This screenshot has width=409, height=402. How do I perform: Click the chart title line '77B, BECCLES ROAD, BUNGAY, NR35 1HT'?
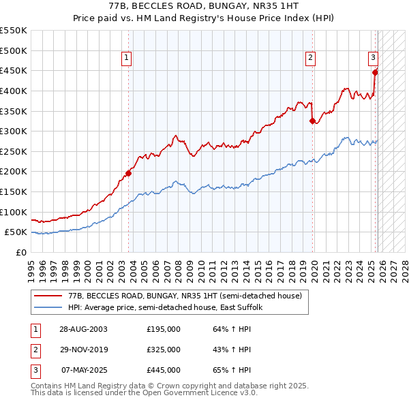204,5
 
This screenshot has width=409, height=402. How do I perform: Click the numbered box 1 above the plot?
127,59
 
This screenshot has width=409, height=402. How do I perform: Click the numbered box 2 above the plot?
310,59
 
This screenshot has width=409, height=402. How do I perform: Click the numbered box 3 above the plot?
374,59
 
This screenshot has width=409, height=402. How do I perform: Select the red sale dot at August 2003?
128,173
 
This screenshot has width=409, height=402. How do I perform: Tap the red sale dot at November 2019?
313,121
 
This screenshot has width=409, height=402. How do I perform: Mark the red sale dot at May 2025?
375,72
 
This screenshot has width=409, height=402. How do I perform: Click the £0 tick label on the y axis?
20,252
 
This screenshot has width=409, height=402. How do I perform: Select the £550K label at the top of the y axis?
14,31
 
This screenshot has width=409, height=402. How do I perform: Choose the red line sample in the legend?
48,296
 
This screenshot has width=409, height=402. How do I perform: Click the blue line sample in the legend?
48,307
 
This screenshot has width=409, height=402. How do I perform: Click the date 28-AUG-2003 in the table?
83,329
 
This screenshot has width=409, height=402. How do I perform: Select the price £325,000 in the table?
164,350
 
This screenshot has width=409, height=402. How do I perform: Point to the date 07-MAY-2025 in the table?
83,370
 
